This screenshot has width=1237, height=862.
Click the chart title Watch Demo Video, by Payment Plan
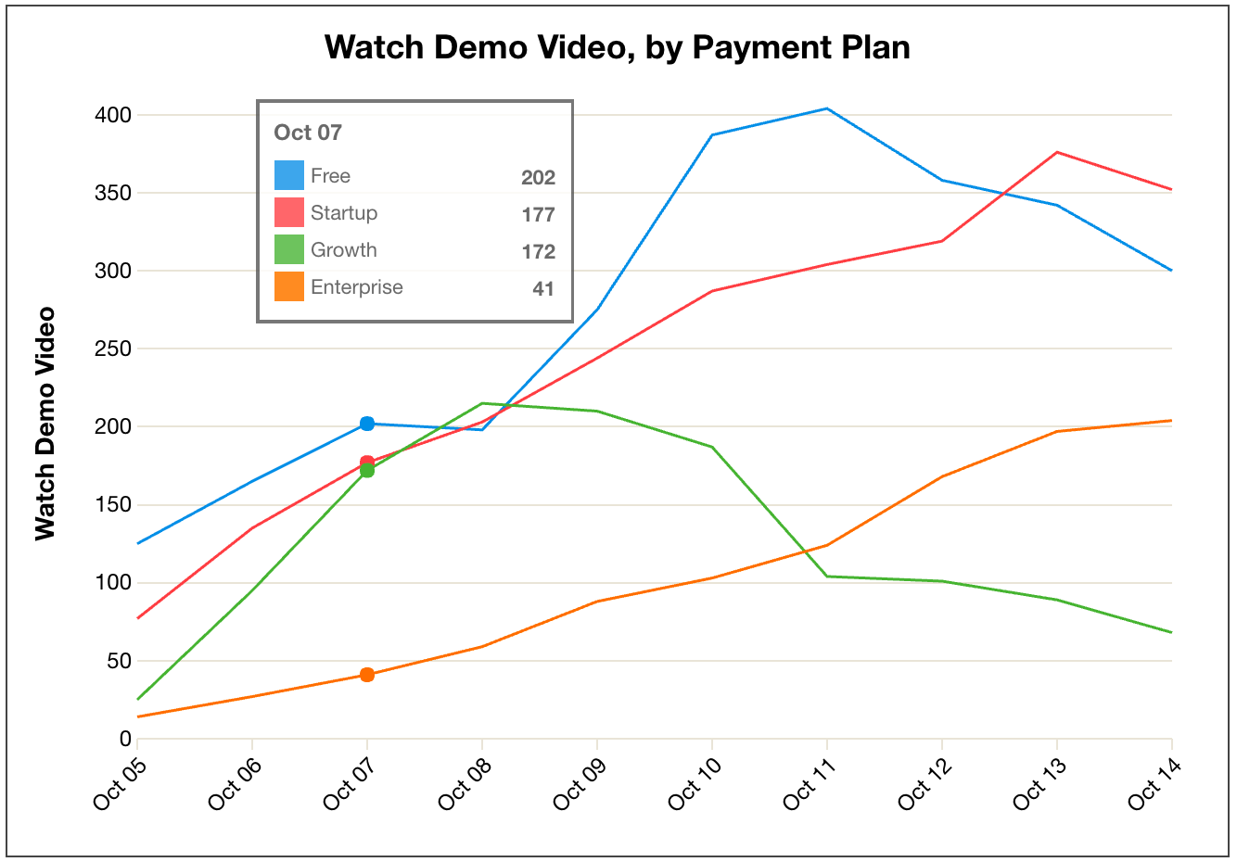[618, 47]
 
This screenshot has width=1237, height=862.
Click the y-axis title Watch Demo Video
[45, 424]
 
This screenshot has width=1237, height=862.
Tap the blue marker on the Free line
[367, 424]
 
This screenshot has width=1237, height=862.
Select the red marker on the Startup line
[367, 463]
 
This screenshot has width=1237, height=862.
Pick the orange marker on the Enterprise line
[367, 675]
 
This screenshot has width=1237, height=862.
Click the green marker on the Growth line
[367, 471]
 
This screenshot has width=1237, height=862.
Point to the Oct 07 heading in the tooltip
[308, 133]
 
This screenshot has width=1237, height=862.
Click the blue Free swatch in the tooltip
[289, 176]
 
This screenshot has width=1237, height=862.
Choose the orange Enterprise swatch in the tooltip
[289, 286]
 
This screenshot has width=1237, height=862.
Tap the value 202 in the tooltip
[538, 177]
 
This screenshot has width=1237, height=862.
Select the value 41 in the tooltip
[543, 288]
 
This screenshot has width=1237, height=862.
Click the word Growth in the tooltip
[344, 250]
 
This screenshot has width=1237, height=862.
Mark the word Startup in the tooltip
[344, 213]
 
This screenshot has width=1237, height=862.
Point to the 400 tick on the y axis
[113, 115]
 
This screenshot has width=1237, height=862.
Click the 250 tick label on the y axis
[113, 349]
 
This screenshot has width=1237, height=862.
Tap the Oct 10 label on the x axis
[695, 782]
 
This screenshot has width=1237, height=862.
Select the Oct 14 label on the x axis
[1154, 782]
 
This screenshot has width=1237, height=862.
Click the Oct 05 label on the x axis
[121, 782]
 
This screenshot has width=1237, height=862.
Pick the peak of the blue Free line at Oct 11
[826, 108]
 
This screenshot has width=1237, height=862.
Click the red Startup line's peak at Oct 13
[1057, 152]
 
